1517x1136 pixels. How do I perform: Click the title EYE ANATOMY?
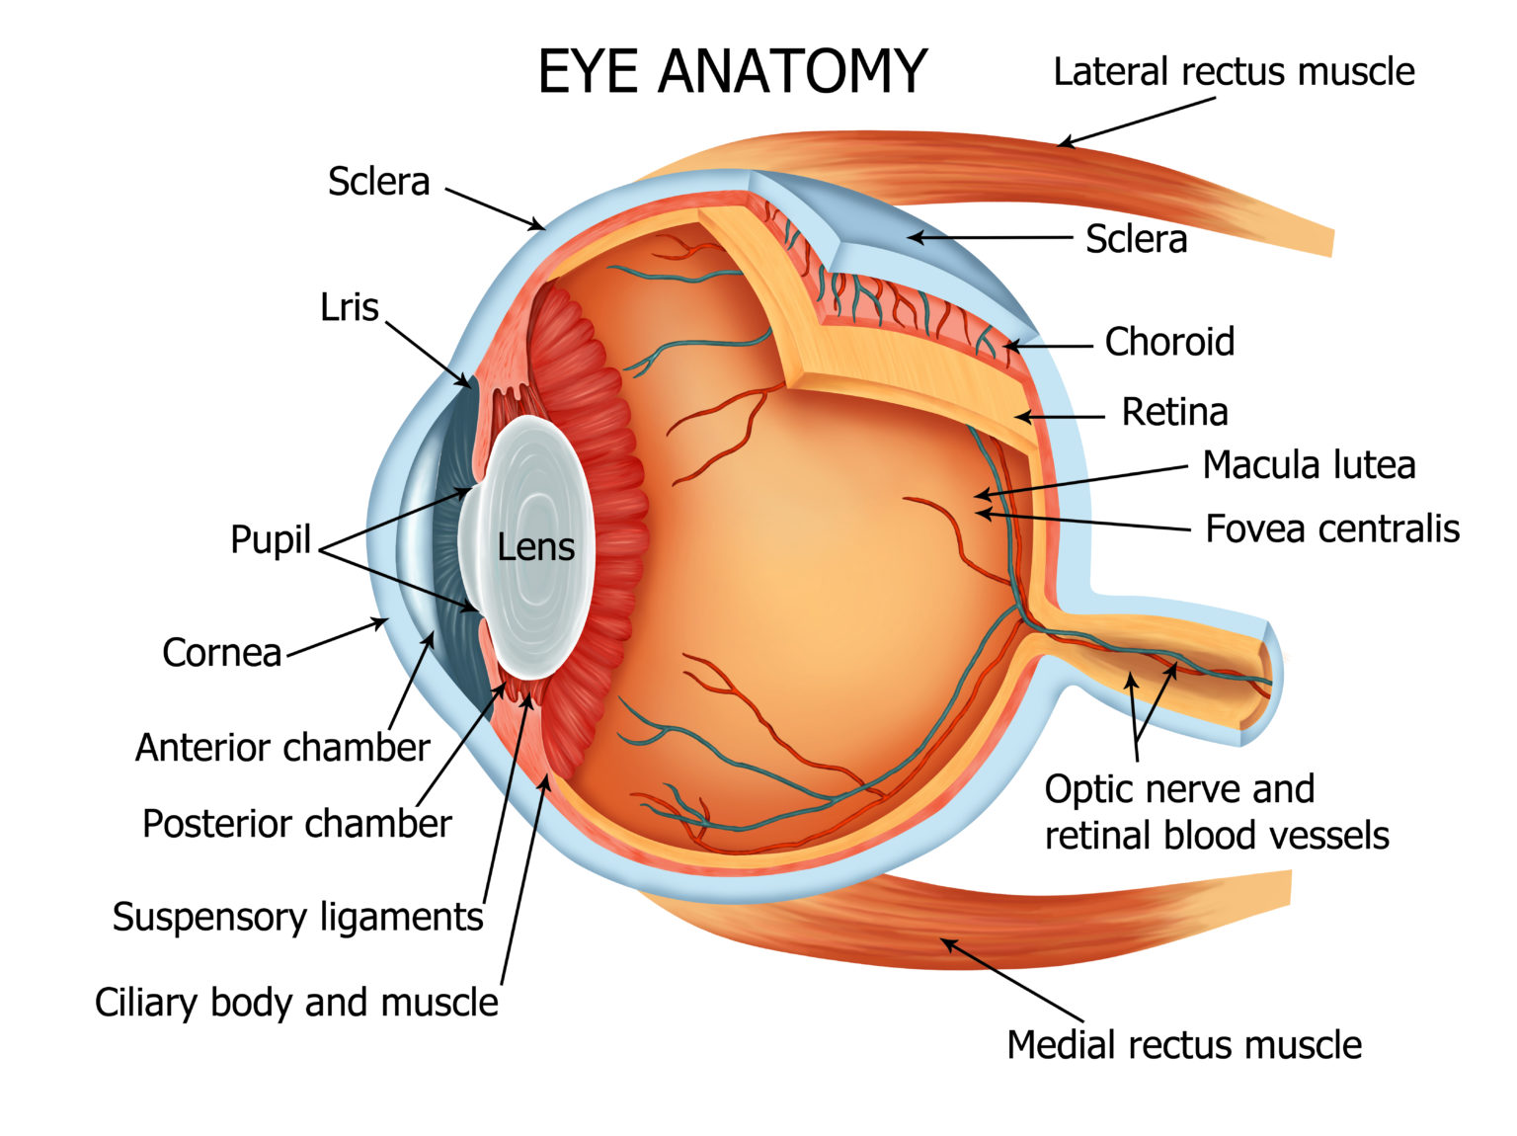click(732, 71)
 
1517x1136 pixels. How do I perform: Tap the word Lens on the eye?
click(535, 547)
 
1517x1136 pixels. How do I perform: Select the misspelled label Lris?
click(350, 307)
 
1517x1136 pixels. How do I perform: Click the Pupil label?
click(270, 539)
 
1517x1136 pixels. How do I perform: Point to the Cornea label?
click(222, 653)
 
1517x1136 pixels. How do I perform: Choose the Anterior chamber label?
click(282, 748)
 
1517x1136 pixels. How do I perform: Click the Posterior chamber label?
click(296, 824)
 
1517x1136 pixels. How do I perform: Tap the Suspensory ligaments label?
click(297, 917)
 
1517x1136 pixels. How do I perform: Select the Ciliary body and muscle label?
click(296, 1003)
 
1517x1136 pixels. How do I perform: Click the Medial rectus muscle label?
click(1183, 1045)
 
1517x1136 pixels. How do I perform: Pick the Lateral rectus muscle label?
click(1234, 72)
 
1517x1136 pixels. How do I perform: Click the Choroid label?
click(1169, 342)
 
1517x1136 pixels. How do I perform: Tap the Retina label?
click(1174, 412)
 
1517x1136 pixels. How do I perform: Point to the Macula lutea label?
click(1309, 465)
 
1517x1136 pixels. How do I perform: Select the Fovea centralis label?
click(1332, 528)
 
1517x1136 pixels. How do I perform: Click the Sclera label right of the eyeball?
click(1136, 239)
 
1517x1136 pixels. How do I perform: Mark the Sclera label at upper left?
click(378, 182)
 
